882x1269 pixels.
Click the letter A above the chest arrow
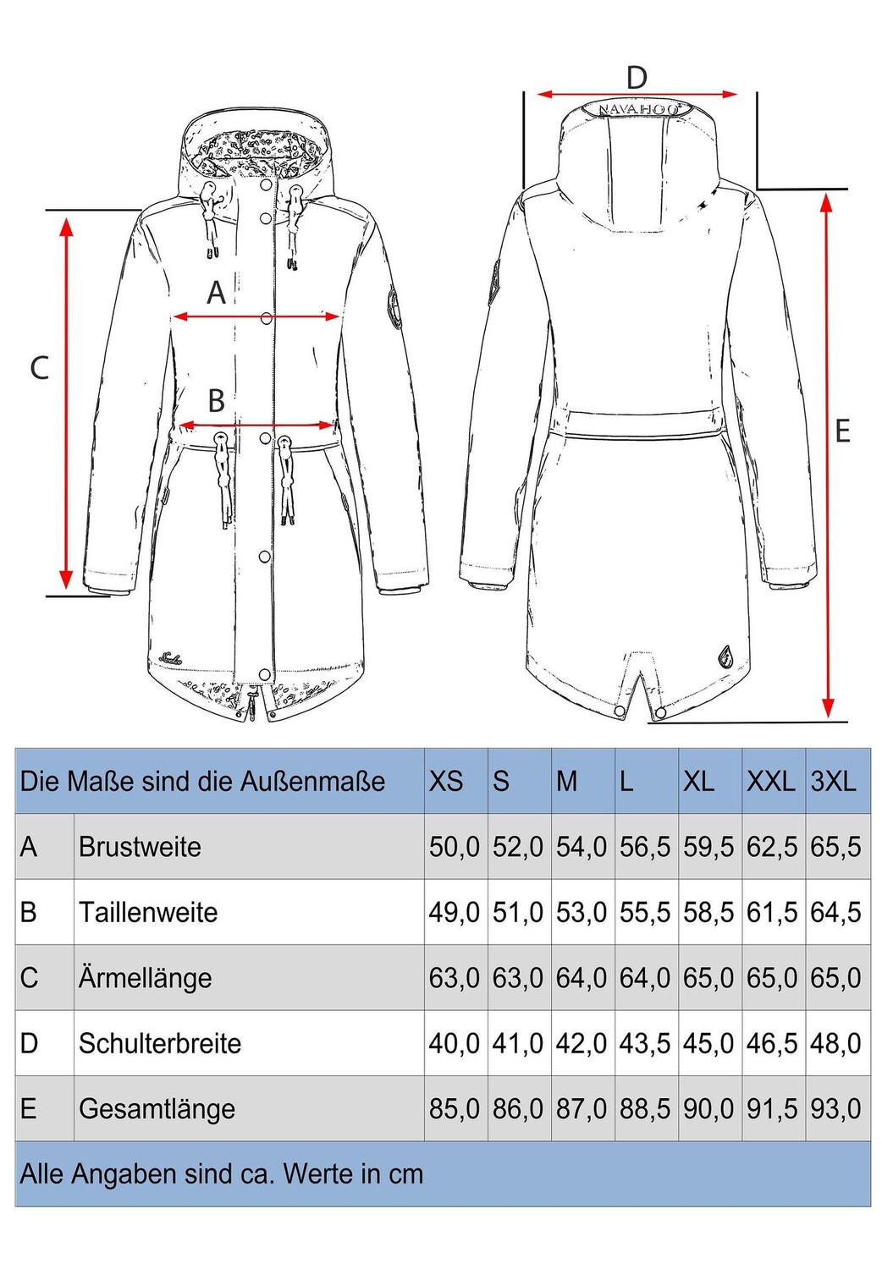(x=217, y=293)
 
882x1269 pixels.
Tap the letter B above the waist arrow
(x=217, y=400)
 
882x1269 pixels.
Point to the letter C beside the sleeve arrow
(x=39, y=368)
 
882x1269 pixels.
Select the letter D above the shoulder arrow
(x=637, y=78)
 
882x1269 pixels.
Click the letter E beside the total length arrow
(x=842, y=431)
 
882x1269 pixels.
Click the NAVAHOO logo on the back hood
(x=638, y=109)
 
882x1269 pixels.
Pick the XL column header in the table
(x=698, y=781)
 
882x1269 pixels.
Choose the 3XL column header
(x=834, y=781)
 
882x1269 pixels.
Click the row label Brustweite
(x=140, y=847)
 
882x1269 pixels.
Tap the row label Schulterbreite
(x=160, y=1043)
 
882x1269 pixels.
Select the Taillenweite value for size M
(x=582, y=912)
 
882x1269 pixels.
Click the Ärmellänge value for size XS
(x=454, y=978)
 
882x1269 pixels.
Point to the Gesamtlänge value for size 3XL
(x=835, y=1108)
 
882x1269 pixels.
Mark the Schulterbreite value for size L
(x=645, y=1043)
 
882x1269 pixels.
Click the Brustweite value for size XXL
(x=772, y=847)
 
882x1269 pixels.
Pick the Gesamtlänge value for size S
(x=517, y=1108)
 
